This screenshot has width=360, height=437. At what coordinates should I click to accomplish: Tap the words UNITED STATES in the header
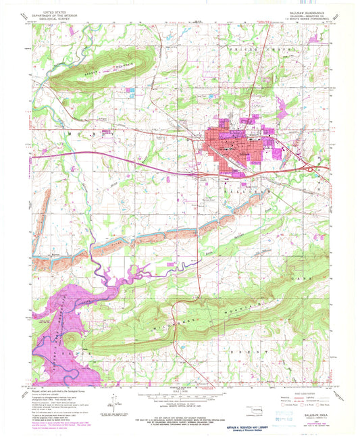click(58, 11)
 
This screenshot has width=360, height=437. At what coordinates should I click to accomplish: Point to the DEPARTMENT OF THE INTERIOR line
click(58, 15)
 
